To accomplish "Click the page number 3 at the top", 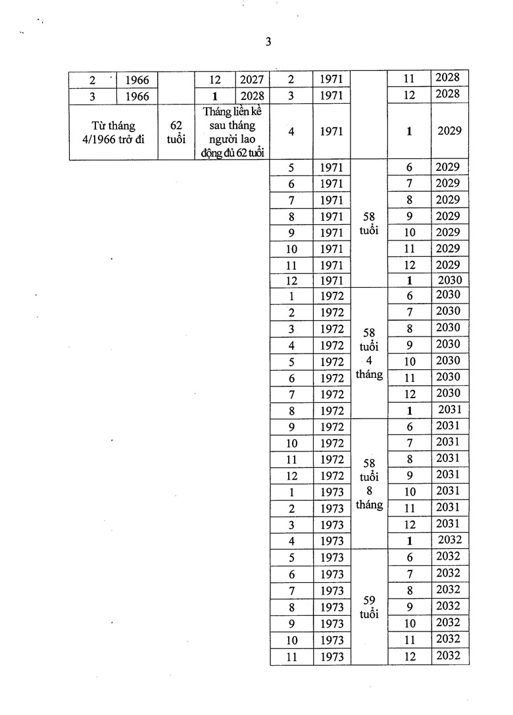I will tap(268, 41).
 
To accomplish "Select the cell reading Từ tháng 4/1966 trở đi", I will tap(114, 131).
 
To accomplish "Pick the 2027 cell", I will tap(252, 80).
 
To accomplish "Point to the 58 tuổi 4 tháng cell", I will tap(369, 353).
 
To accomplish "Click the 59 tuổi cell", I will tap(369, 607).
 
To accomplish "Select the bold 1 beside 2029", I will tap(409, 131).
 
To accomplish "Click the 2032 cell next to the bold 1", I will tap(450, 540).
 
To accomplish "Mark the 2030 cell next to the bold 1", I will tap(450, 279).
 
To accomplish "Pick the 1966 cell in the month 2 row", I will tap(137, 80).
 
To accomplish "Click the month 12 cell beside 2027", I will tap(214, 80).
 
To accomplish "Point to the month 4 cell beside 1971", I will tap(291, 131).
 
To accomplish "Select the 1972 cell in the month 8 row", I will tap(332, 411).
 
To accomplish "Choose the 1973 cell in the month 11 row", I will tap(332, 656).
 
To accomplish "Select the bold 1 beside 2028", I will tap(214, 96).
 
